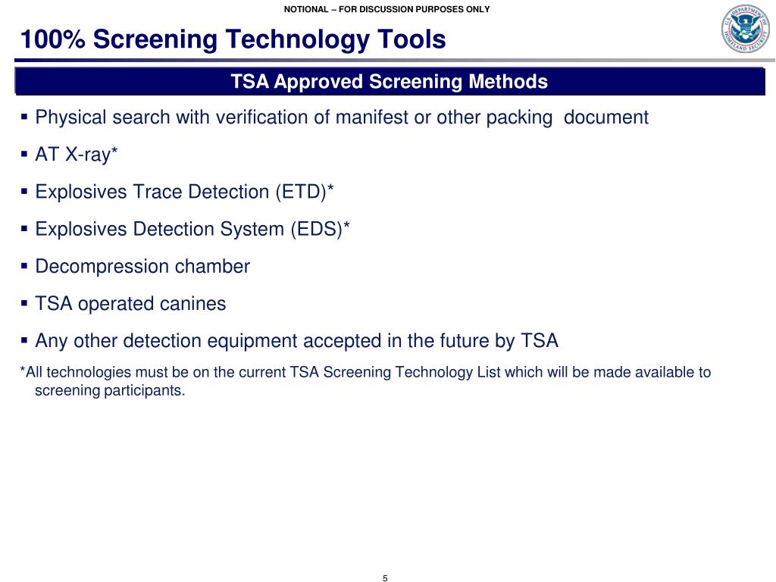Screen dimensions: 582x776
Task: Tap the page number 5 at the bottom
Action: coord(385,579)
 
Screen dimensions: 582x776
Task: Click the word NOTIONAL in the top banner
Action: coord(307,9)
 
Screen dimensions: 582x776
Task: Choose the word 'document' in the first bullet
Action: coord(606,117)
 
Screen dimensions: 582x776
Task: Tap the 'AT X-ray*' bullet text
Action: coord(77,155)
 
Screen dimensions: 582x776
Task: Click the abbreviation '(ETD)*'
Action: coord(304,192)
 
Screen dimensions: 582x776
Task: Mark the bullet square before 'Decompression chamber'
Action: coord(24,266)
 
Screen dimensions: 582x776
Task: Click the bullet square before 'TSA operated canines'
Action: coord(24,303)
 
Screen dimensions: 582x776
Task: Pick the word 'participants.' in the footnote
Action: coord(149,392)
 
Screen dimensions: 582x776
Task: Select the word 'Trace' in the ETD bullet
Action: coord(158,192)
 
